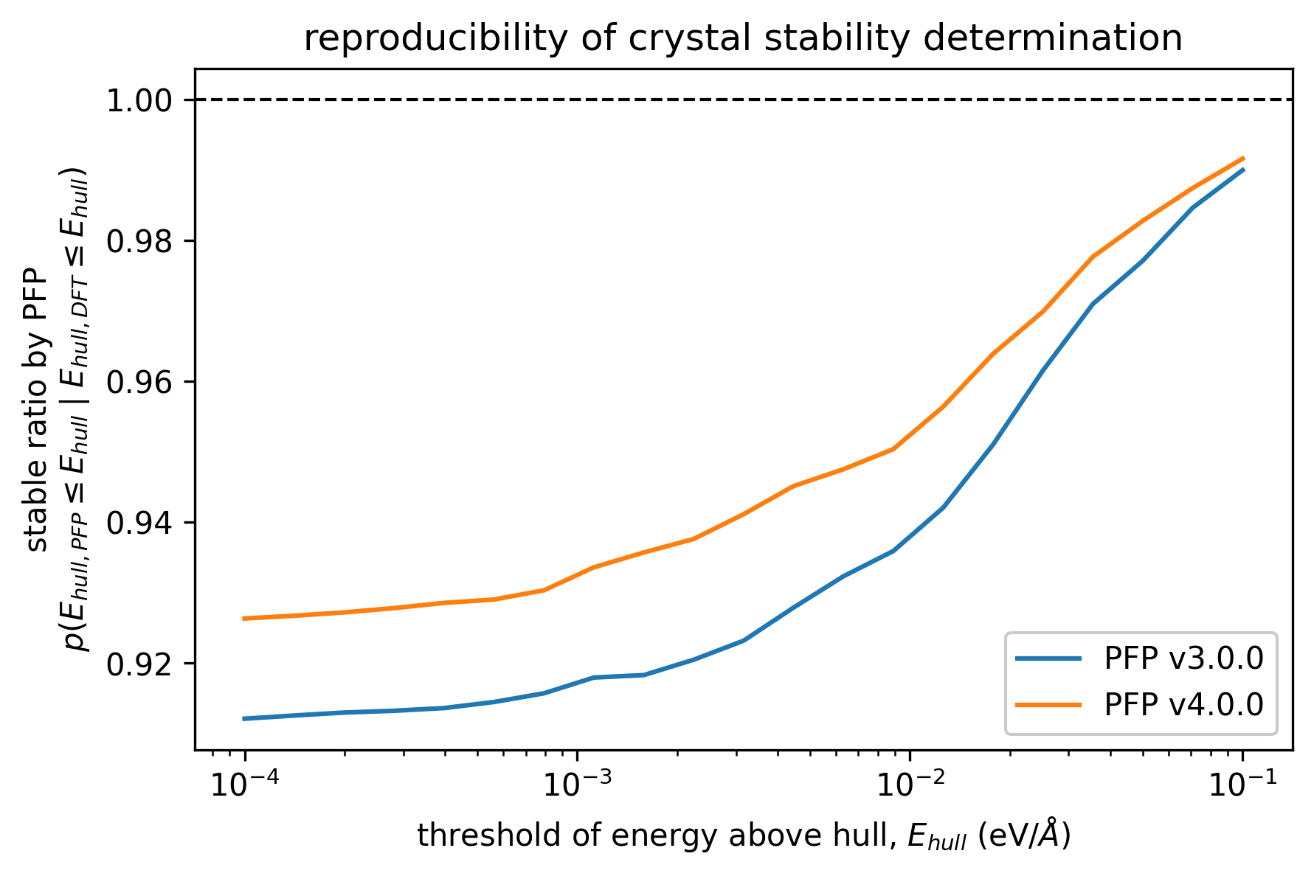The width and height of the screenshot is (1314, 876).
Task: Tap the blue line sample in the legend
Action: (x=1048, y=658)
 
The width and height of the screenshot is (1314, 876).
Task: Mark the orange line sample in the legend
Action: (x=1048, y=705)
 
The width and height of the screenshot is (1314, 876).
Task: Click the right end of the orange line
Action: (x=1244, y=158)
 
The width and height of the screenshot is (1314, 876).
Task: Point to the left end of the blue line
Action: (x=244, y=718)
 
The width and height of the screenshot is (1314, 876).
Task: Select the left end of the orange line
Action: (x=244, y=618)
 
